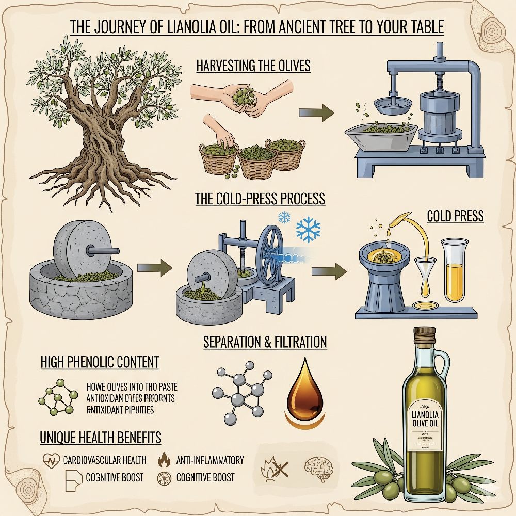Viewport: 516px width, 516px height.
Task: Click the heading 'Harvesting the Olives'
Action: (x=253, y=66)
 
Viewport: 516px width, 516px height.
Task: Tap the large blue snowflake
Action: (x=308, y=229)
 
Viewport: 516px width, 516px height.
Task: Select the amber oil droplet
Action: (x=305, y=394)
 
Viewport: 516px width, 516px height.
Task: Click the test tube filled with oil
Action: (x=455, y=271)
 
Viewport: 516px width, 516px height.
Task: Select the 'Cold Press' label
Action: (x=456, y=216)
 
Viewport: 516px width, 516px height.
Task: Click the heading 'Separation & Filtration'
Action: (x=265, y=342)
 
